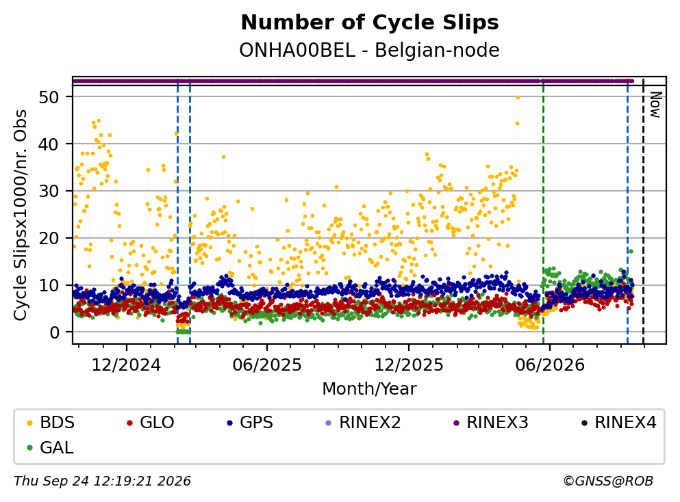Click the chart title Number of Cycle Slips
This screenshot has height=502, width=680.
pyautogui.click(x=370, y=23)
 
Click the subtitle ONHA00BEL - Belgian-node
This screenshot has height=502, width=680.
pyautogui.click(x=370, y=50)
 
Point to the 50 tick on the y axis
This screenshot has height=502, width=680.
pyautogui.click(x=49, y=97)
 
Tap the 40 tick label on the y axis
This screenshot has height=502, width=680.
pyautogui.click(x=49, y=144)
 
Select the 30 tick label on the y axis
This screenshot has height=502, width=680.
pyautogui.click(x=49, y=191)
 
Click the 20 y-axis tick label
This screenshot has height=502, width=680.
pyautogui.click(x=49, y=238)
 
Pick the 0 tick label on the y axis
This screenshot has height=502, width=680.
pyautogui.click(x=54, y=332)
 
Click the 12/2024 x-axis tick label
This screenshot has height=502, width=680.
pyautogui.click(x=126, y=365)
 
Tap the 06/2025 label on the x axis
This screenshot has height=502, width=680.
pyautogui.click(x=266, y=365)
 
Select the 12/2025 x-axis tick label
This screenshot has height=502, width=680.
pyautogui.click(x=409, y=365)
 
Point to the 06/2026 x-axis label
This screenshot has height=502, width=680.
pyautogui.click(x=550, y=365)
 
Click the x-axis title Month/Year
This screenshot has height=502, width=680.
pyautogui.click(x=370, y=389)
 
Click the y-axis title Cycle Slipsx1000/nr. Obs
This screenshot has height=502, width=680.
pyautogui.click(x=20, y=215)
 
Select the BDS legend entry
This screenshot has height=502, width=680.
pyautogui.click(x=51, y=422)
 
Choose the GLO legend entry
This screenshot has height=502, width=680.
pyautogui.click(x=151, y=422)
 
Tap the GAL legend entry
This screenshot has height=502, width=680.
pyautogui.click(x=50, y=447)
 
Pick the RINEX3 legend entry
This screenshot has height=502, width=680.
pyautogui.click(x=491, y=422)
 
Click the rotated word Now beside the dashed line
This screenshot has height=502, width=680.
pyautogui.click(x=655, y=105)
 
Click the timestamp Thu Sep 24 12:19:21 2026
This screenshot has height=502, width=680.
pyautogui.click(x=102, y=481)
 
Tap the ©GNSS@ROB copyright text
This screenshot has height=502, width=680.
pyautogui.click(x=608, y=481)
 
